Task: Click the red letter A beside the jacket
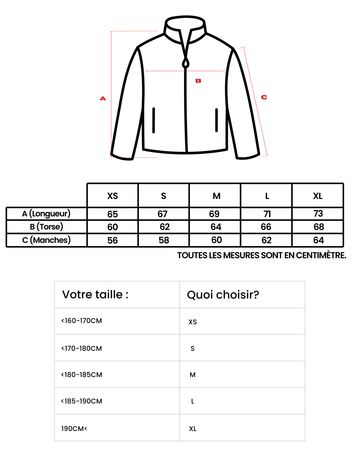[x=103, y=98]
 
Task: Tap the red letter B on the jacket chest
[x=198, y=81]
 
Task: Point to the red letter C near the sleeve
[x=264, y=97]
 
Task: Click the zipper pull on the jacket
[x=186, y=63]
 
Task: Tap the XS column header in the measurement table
[x=112, y=196]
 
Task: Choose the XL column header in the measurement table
[x=318, y=196]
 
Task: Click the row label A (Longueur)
[x=46, y=214]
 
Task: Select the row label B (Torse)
[x=46, y=227]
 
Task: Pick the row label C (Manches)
[x=46, y=240]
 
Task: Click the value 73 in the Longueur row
[x=318, y=214]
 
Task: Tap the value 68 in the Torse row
[x=319, y=227]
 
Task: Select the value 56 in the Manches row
[x=112, y=240]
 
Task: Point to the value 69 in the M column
[x=214, y=214]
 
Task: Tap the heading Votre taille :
[x=95, y=294]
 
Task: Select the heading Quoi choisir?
[x=223, y=295]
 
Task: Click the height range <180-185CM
[x=81, y=375]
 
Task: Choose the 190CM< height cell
[x=74, y=428]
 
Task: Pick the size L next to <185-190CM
[x=193, y=401]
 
